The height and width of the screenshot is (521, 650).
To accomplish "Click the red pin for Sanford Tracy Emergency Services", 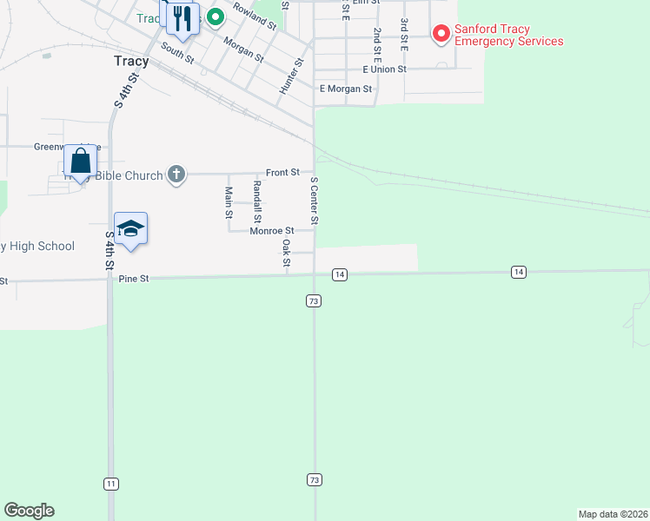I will point(441,34).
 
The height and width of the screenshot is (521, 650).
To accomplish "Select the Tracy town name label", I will point(131,62).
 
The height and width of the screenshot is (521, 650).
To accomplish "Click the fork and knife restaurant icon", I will point(182,18).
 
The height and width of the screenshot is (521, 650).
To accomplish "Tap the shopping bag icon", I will point(80,162).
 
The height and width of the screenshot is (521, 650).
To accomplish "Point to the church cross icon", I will point(176,175).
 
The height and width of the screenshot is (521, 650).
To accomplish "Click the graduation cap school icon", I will point(130,228).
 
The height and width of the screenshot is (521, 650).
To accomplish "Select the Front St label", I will point(282,173).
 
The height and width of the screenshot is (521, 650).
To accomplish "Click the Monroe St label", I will point(271,231).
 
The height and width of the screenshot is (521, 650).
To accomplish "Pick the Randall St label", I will point(256,200).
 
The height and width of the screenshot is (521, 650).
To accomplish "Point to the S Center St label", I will point(315,201).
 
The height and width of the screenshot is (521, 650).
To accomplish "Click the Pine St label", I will point(134,279).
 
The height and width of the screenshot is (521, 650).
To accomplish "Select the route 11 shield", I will point(110,483).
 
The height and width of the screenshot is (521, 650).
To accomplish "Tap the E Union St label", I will point(384,69).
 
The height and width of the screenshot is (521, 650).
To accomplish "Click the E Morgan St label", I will point(346,89).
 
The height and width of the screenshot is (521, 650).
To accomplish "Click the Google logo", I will point(29,511).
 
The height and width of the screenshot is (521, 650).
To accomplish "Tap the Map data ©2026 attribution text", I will point(613,514).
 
